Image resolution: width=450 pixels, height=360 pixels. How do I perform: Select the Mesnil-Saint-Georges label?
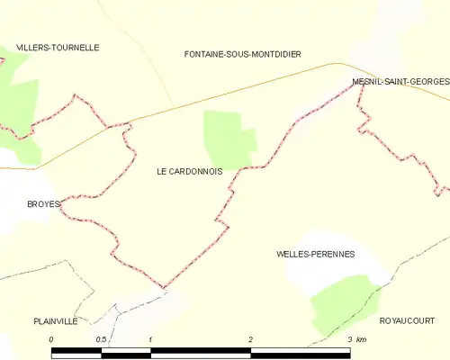[x=400, y=82]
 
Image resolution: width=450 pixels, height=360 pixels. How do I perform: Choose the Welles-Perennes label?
[x=316, y=255]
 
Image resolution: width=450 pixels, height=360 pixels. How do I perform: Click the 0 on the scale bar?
[x=52, y=339]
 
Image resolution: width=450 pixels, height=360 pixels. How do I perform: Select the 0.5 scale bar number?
[x=102, y=339]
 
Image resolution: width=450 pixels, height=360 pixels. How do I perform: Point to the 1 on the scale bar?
[x=151, y=339]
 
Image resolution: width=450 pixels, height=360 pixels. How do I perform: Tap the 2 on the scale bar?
[x=251, y=339]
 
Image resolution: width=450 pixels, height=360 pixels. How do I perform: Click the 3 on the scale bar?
[x=349, y=339]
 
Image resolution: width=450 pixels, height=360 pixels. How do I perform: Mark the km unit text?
[x=362, y=339]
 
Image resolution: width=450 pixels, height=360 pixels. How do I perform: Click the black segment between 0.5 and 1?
[x=126, y=353]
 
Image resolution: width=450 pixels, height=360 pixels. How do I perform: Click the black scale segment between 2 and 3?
[x=301, y=353]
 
